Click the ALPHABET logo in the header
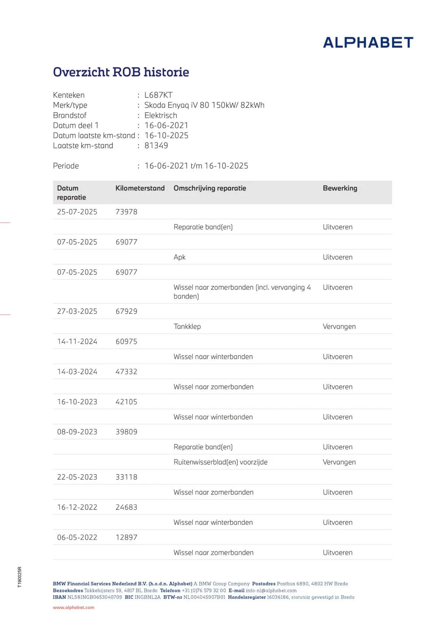(368, 42)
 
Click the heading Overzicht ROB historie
(121, 72)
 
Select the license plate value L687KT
(158, 95)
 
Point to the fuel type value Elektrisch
(160, 115)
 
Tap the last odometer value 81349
(156, 146)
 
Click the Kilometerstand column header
(140, 188)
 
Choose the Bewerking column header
(340, 188)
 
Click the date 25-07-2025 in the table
(77, 212)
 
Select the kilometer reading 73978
(126, 212)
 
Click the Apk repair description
(180, 257)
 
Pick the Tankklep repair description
(187, 326)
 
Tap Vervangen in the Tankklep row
(339, 326)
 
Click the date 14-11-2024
(77, 342)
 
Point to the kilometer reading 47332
(126, 372)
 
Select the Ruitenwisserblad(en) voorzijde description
(220, 462)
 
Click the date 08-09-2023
(77, 432)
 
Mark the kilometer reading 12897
(126, 538)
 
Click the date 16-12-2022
(77, 507)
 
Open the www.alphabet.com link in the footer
(73, 607)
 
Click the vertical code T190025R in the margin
(20, 577)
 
